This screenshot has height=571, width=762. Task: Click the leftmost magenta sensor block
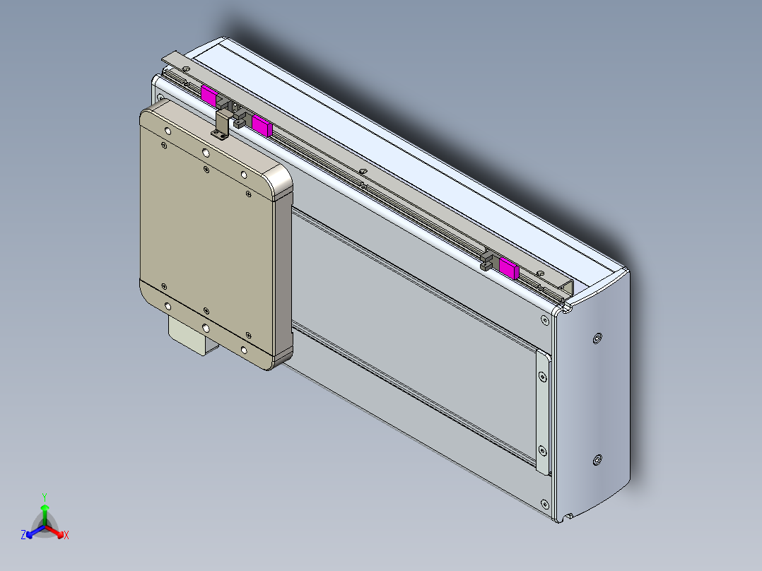pos(209,95)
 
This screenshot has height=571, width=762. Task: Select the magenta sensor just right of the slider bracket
pos(262,126)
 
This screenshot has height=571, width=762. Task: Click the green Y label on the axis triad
pos(45,496)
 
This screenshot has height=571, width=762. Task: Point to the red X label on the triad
pos(66,536)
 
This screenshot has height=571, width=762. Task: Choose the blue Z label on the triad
pos(23,536)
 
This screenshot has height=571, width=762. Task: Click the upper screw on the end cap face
pos(598,339)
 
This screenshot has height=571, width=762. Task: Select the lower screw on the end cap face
pos(598,461)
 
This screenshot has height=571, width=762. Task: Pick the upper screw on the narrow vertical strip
pos(542,377)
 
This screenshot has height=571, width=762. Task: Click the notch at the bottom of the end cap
pos(568,518)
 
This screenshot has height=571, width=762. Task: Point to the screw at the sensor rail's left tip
pos(185,69)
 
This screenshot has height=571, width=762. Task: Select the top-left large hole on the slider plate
pos(168,131)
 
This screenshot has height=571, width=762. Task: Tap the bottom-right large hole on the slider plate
pos(244,349)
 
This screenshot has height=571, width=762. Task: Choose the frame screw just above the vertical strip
pos(544,321)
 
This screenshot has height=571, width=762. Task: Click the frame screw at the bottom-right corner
pos(544,504)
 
